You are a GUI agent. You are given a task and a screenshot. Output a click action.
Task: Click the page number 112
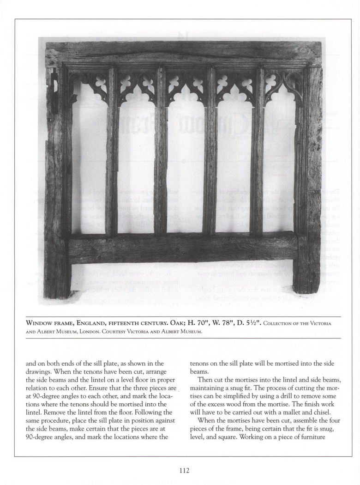[x=184, y=471]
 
